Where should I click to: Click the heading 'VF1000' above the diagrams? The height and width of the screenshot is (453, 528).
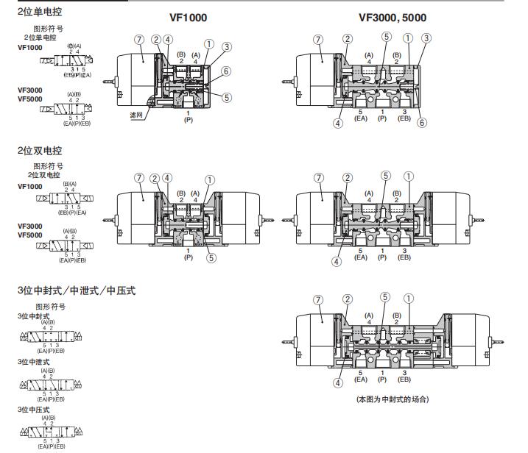187,18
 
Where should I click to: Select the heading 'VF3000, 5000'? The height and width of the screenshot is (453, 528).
392,18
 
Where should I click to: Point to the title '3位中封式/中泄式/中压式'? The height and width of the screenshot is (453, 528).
77,290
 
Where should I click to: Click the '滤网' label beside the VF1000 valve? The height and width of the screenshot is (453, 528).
135,115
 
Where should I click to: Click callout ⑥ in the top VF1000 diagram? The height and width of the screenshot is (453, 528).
226,71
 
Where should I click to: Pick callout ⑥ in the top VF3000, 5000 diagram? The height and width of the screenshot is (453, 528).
421,124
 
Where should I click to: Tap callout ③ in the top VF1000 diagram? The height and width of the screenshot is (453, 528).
226,47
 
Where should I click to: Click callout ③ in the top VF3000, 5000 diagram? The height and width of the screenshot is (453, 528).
426,38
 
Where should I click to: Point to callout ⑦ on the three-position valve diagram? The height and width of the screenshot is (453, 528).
318,299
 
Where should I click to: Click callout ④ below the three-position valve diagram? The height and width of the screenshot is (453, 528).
338,382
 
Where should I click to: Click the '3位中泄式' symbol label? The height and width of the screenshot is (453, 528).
34,362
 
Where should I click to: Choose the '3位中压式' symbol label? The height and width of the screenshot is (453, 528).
34,404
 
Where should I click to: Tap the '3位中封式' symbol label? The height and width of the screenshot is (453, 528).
34,316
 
